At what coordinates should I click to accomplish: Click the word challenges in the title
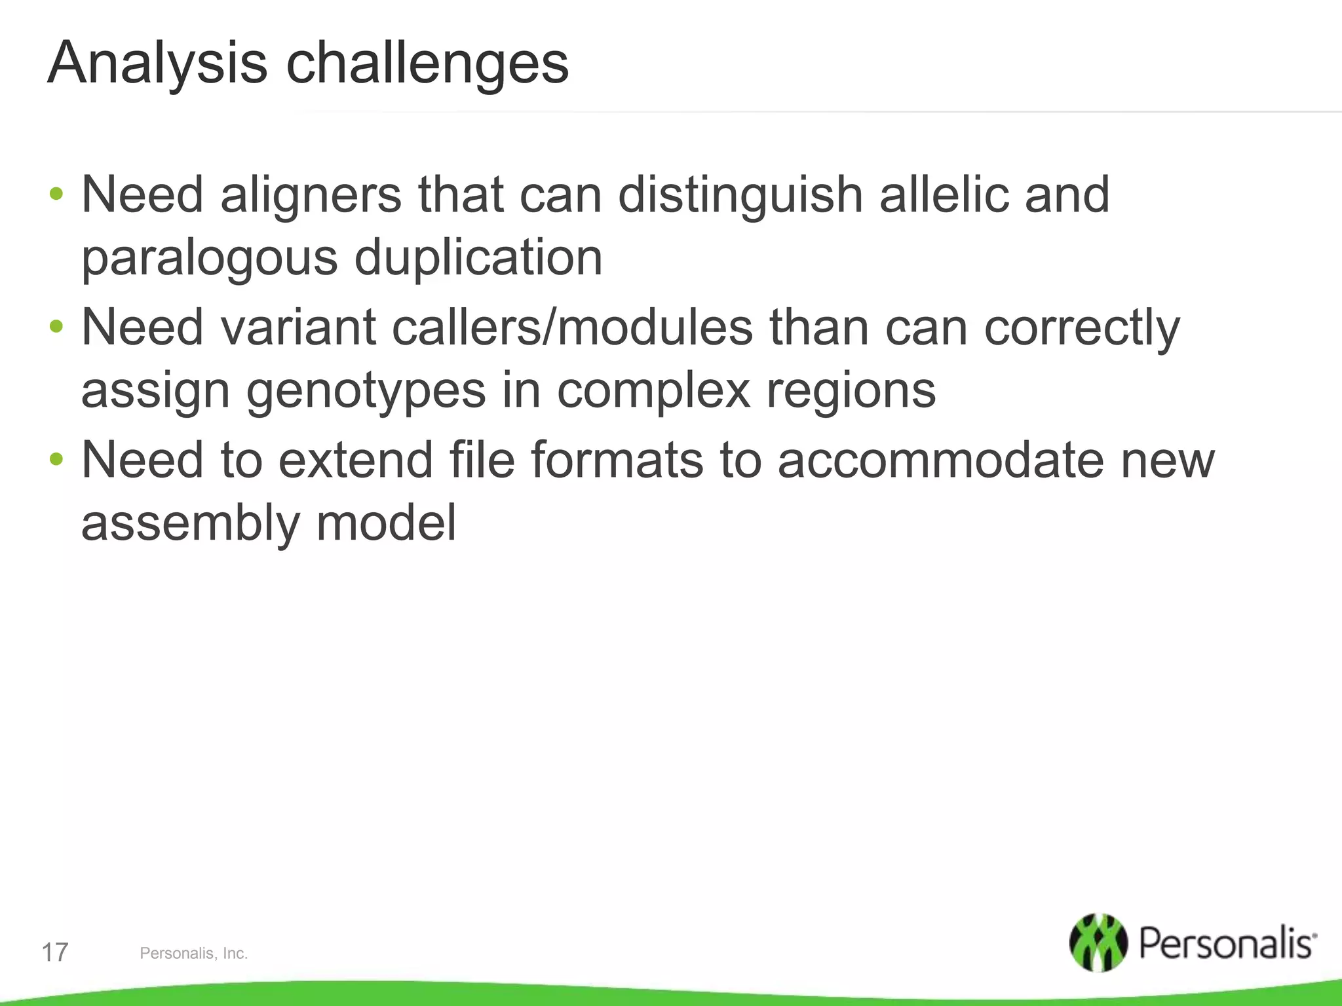point(427,64)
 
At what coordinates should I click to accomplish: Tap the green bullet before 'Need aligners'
point(56,194)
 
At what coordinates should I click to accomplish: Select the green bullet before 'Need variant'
point(56,326)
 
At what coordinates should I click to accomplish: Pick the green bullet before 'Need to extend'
point(56,458)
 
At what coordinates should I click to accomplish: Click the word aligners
point(311,195)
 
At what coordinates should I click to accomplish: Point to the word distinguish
point(740,195)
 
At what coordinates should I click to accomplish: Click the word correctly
point(1082,327)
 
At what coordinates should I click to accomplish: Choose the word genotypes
point(366,392)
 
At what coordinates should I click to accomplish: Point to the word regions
point(851,392)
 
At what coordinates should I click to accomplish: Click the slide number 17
point(55,952)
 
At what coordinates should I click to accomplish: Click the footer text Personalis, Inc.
point(193,954)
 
